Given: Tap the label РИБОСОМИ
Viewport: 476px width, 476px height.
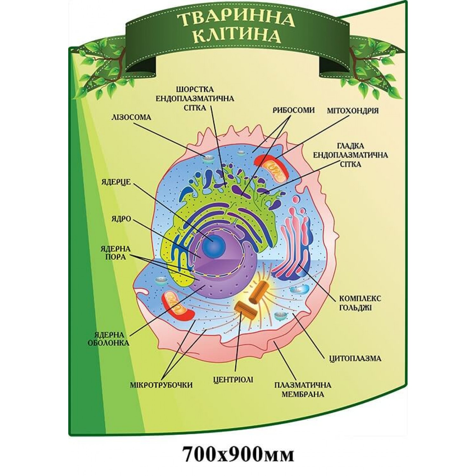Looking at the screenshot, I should (294, 110).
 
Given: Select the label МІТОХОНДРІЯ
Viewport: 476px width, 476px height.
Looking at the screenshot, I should (353, 111).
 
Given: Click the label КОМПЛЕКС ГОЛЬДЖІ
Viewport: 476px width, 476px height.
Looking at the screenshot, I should (356, 303).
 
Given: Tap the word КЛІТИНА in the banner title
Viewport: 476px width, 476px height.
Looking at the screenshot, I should (237, 36).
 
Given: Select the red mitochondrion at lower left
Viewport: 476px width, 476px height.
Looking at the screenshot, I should (177, 306).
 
